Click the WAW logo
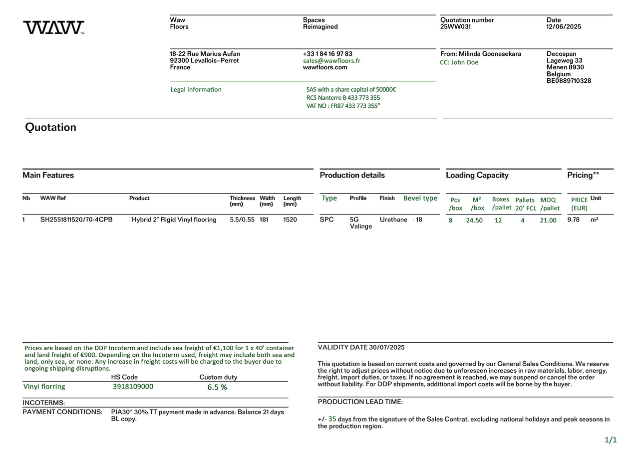click(x=53, y=27)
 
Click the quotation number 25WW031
click(x=455, y=27)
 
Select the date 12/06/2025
click(x=564, y=27)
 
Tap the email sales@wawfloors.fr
click(x=331, y=61)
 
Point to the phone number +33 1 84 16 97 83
click(x=327, y=54)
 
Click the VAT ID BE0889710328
click(x=569, y=81)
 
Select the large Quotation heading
click(x=50, y=127)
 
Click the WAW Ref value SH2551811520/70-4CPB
click(x=76, y=220)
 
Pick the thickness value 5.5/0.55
click(x=242, y=220)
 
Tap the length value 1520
click(x=290, y=220)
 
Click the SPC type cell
click(x=326, y=220)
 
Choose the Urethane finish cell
click(x=393, y=220)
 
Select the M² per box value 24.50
click(x=474, y=221)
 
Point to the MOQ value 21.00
click(x=548, y=221)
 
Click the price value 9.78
click(x=574, y=220)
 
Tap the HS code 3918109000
click(x=133, y=387)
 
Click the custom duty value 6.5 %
click(x=217, y=387)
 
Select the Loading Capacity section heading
click(x=477, y=175)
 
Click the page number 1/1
click(x=611, y=440)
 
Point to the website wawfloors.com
click(x=325, y=67)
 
